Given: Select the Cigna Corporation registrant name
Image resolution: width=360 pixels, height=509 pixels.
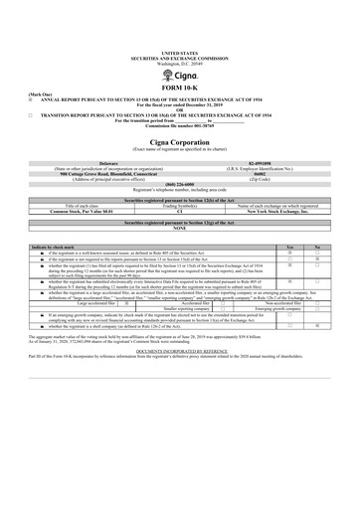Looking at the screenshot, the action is (179, 146).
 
